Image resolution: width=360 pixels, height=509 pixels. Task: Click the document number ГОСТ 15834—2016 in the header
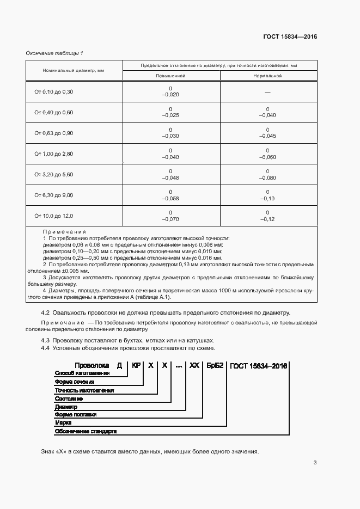[290, 37]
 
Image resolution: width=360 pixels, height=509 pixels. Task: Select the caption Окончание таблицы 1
[54, 53]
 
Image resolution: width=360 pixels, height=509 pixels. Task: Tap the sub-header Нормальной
[267, 76]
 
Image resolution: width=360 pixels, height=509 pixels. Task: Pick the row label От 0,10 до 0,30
[53, 91]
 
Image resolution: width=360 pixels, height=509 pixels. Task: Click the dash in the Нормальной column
[267, 92]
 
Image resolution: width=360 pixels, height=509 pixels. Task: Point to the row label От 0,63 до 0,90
[53, 133]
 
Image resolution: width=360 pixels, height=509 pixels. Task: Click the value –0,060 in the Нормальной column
[267, 157]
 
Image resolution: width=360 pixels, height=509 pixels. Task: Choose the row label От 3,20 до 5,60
[53, 174]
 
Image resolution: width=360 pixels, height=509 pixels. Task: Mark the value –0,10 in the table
[267, 198]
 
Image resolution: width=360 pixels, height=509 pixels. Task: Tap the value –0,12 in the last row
[267, 219]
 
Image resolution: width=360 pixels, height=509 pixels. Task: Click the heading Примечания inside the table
[64, 232]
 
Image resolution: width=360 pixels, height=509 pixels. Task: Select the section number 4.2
[46, 312]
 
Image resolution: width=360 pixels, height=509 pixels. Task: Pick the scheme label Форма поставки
[76, 414]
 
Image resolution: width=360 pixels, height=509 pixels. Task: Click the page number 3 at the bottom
[315, 463]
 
